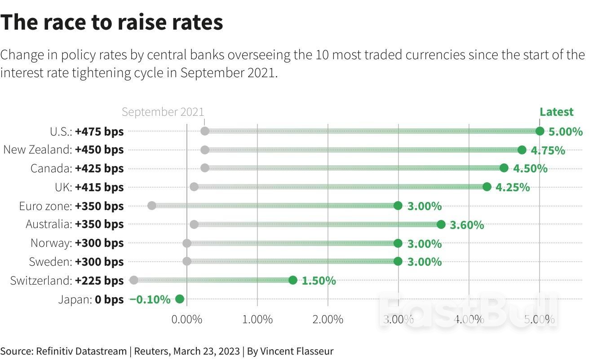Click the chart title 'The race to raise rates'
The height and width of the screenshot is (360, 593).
pyautogui.click(x=111, y=22)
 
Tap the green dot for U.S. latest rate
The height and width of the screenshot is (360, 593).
pyautogui.click(x=540, y=131)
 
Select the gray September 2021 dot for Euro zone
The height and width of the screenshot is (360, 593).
pyautogui.click(x=151, y=206)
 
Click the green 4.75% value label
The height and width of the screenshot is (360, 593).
pyautogui.click(x=548, y=150)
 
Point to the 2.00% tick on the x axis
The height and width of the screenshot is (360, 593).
pyautogui.click(x=327, y=320)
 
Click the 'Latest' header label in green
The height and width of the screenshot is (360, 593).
pyautogui.click(x=556, y=112)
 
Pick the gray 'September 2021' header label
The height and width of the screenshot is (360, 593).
pyautogui.click(x=163, y=112)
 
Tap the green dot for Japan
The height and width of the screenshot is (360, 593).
pyautogui.click(x=180, y=299)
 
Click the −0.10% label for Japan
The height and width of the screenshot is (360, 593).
pyautogui.click(x=150, y=299)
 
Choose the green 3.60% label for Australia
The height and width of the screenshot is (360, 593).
pyautogui.click(x=467, y=225)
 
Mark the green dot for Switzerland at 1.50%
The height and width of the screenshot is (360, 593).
pyautogui.click(x=292, y=280)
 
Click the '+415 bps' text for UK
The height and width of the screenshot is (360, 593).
pyautogui.click(x=99, y=187)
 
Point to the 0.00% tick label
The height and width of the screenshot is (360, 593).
pyautogui.click(x=186, y=320)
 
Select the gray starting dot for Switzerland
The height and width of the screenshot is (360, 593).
pyautogui.click(x=133, y=280)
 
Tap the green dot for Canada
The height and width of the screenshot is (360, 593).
pyautogui.click(x=504, y=168)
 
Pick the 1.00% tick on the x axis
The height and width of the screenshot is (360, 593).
pyautogui.click(x=257, y=320)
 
